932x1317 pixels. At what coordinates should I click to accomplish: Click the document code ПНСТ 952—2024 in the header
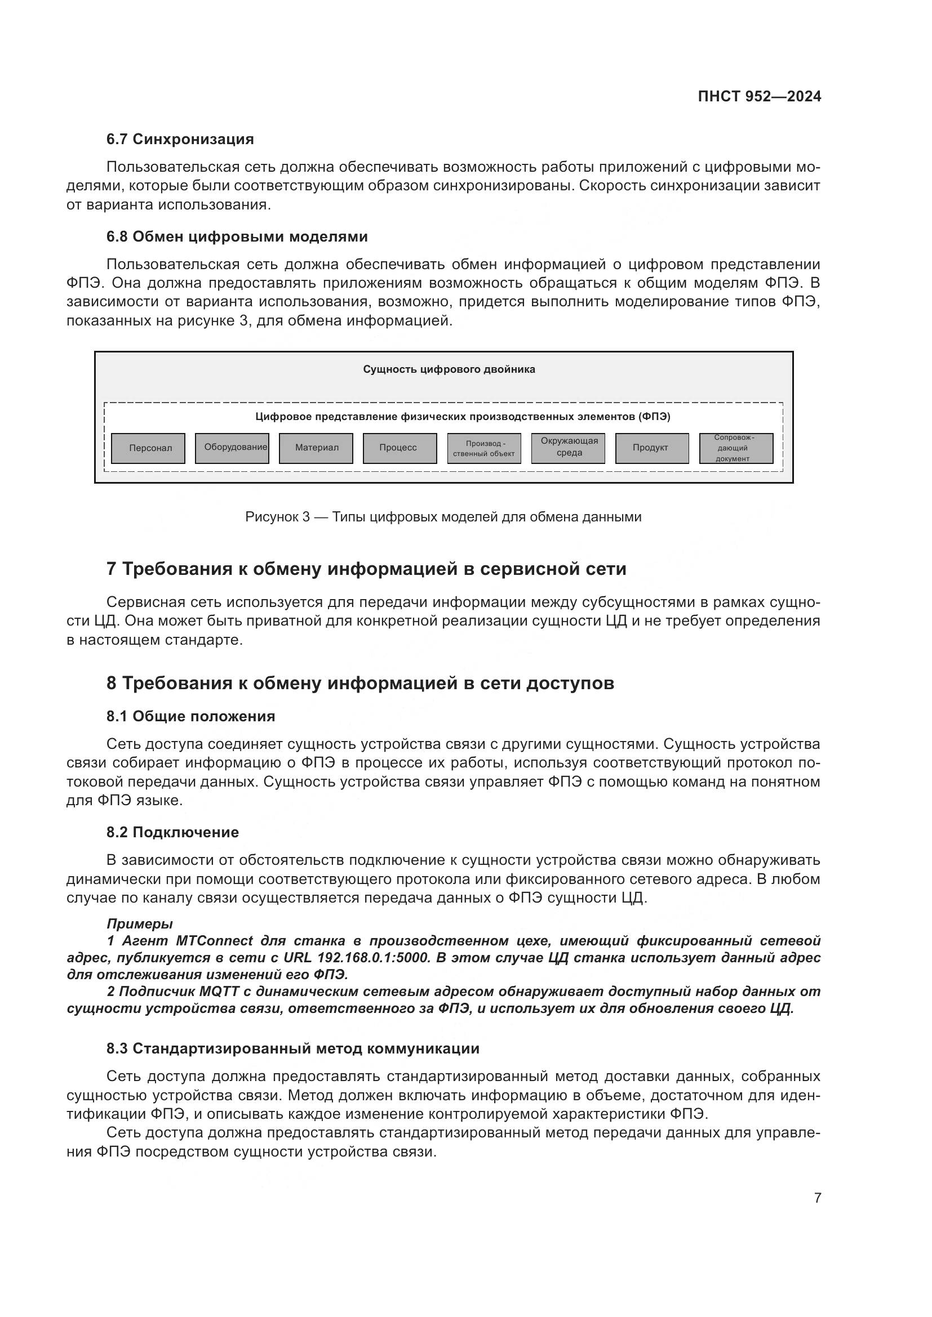[x=758, y=96]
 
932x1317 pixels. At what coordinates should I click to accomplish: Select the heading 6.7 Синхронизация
[x=180, y=140]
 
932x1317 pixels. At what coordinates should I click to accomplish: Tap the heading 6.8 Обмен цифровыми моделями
[x=237, y=237]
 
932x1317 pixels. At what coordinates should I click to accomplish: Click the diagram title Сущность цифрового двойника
[x=449, y=369]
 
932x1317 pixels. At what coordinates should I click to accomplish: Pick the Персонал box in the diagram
[x=148, y=448]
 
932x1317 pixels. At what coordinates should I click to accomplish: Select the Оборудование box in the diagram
[x=232, y=448]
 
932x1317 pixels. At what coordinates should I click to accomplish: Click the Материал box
[x=316, y=448]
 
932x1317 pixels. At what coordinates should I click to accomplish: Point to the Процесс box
[x=400, y=448]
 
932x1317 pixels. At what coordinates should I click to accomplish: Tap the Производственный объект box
[x=484, y=448]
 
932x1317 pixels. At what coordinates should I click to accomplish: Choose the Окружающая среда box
[x=568, y=448]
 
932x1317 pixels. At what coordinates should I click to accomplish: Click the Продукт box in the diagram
[x=651, y=448]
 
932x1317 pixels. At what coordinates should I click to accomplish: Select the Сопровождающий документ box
[x=736, y=448]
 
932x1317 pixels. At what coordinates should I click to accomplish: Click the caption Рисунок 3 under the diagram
[x=443, y=517]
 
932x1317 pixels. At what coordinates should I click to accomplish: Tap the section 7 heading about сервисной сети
[x=366, y=569]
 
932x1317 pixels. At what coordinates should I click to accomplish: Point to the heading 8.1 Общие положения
[x=190, y=716]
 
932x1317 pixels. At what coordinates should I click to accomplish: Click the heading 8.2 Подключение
[x=172, y=832]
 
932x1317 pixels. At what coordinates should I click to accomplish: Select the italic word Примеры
[x=139, y=924]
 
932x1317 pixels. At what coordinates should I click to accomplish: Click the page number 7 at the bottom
[x=817, y=1198]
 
